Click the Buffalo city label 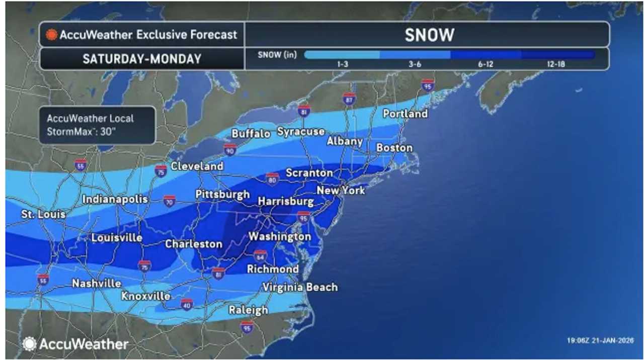point(251,134)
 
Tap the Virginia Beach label point(300,288)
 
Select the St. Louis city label point(43,215)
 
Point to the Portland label point(405,114)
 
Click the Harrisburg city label point(286,202)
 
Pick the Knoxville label point(146,296)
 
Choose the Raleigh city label point(248,310)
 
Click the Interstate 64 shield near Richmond point(260,255)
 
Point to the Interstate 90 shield point(230,149)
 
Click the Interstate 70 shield point(170,201)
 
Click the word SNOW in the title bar point(429,35)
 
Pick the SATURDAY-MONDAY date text point(141,59)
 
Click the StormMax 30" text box point(97,125)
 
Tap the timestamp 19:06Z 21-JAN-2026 point(600,340)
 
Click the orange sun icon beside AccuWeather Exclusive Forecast point(51,35)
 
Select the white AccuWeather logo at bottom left point(75,344)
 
